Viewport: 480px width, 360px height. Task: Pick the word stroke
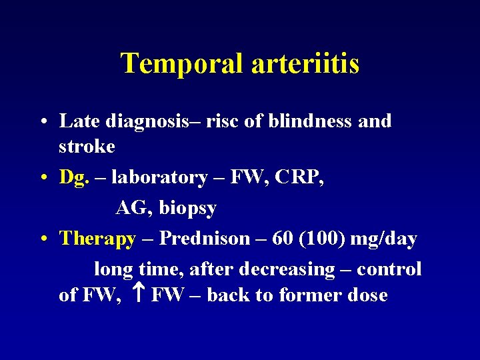[x=87, y=146]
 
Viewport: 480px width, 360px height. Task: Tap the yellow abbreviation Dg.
[x=74, y=178]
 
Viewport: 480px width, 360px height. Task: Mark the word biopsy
[x=187, y=209]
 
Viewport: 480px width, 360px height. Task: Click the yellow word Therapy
[x=97, y=239]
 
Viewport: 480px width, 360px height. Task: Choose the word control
[x=389, y=269]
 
